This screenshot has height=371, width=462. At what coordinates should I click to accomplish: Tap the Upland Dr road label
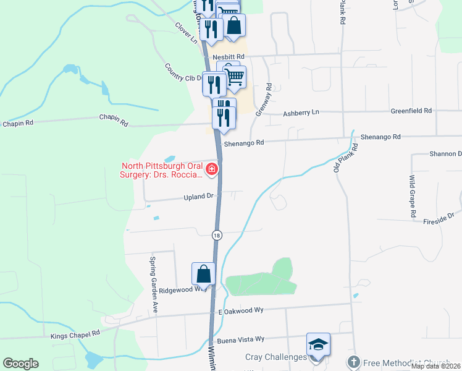coord(198,197)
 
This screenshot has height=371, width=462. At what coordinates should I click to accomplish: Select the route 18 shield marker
coord(217,235)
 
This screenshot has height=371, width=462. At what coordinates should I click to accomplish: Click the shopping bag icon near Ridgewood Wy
coord(203,273)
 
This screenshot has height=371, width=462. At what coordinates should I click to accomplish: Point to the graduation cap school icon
coord(318,344)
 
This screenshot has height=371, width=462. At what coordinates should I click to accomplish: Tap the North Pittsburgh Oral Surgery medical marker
coord(212,169)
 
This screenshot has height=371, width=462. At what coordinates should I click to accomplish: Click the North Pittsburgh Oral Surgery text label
coord(162,170)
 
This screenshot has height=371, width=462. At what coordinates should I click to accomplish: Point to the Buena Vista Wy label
coord(241,339)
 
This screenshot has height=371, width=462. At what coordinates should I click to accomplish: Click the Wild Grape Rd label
coord(412,195)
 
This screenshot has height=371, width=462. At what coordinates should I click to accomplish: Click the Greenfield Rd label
coord(411,111)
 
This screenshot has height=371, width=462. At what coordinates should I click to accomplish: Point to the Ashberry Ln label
coord(301,113)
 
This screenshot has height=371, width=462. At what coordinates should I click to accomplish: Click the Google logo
coord(20,364)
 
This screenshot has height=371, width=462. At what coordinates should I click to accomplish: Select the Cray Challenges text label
coord(276,357)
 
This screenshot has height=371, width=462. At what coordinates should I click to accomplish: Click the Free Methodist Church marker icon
coord(353,362)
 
